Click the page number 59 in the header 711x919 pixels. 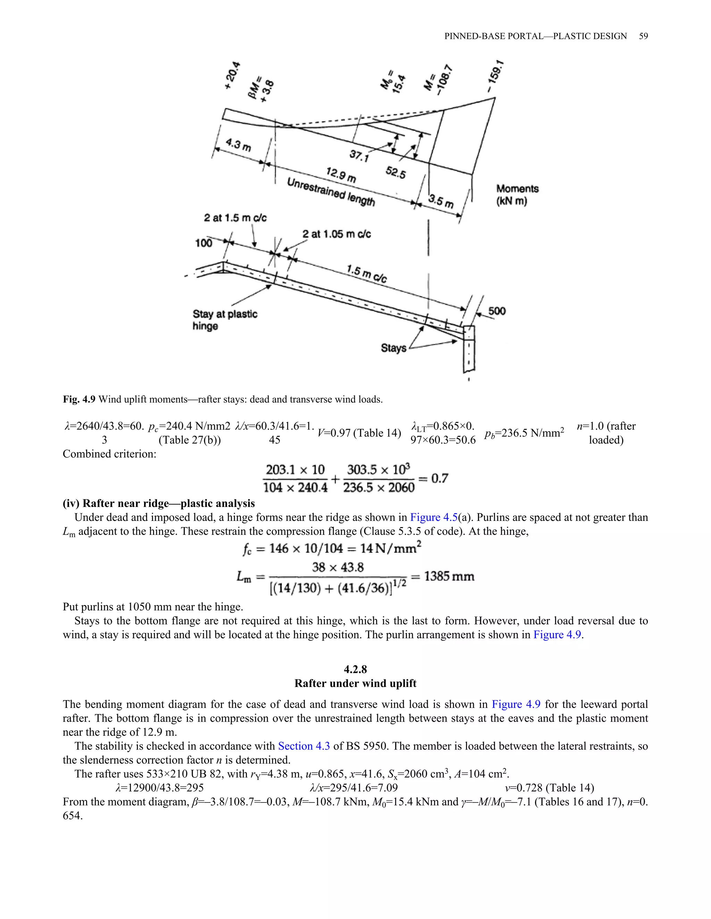(x=643, y=36)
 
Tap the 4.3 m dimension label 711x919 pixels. (x=238, y=144)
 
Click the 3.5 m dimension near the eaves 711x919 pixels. (x=441, y=201)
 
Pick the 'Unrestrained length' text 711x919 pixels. (x=331, y=192)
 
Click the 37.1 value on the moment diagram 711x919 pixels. (x=359, y=156)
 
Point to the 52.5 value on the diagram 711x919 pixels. (x=395, y=172)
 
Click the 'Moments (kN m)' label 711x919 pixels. (x=517, y=195)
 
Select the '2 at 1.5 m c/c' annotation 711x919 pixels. (x=235, y=217)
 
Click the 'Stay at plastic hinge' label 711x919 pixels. (x=225, y=320)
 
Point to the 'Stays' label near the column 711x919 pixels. (x=393, y=347)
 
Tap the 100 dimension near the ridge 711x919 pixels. (x=203, y=243)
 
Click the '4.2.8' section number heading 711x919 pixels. (x=355, y=669)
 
